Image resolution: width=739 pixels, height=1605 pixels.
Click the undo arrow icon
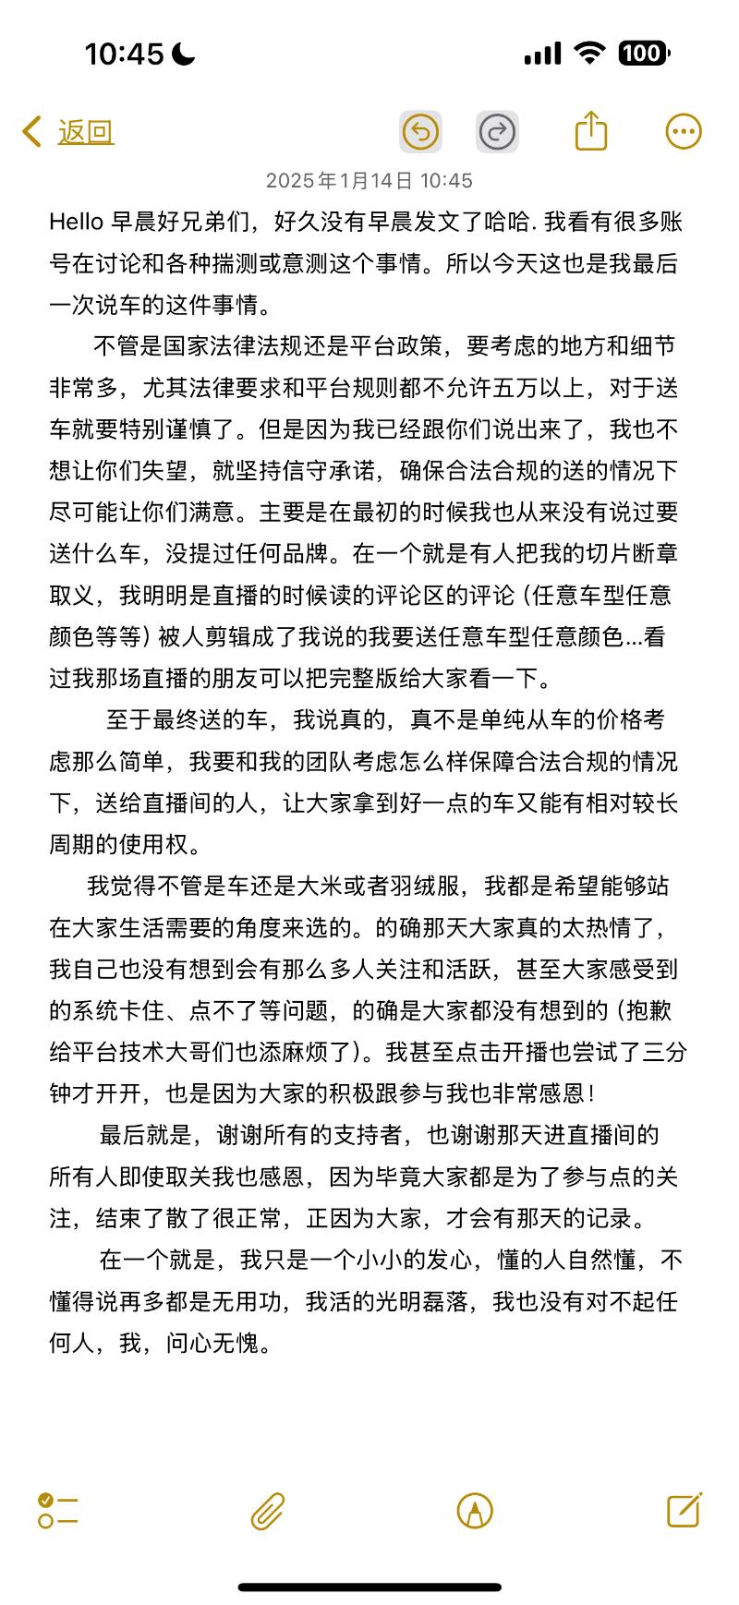420,131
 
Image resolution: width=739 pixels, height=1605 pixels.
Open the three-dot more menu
684,131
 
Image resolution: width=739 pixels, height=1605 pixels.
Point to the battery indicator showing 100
644,54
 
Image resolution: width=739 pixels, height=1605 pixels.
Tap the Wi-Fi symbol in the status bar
588,54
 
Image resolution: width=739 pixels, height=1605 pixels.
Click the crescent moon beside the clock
184,54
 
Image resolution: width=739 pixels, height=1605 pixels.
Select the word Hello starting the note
77,222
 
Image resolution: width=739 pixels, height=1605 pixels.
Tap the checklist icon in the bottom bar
58,1511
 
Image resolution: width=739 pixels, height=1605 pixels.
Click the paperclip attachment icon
268,1511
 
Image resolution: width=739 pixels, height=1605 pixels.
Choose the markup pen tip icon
475,1511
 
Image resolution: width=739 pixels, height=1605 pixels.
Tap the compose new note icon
684,1510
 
